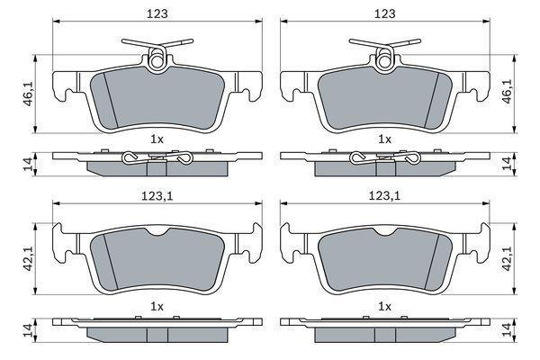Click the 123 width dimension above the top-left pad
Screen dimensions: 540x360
157,13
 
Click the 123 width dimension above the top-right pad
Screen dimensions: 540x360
385,13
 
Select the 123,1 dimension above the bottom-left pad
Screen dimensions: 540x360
157,196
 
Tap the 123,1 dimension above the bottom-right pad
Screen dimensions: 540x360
385,196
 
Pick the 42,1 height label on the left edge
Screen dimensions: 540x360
29,258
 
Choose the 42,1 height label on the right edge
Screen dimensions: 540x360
507,258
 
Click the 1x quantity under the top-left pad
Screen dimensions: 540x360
157,139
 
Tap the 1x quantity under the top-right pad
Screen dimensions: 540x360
384,139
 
